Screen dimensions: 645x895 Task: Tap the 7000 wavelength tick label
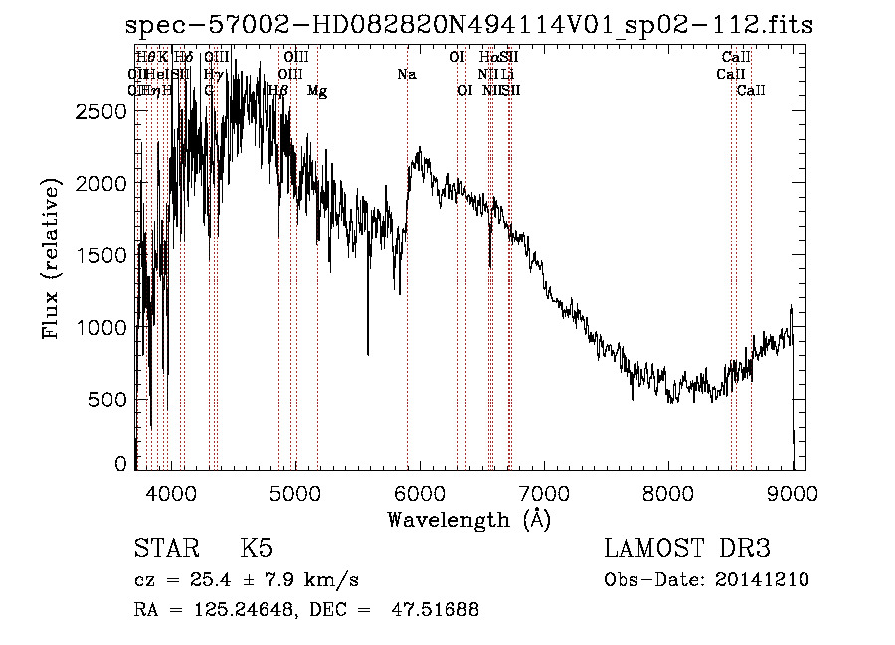(x=544, y=492)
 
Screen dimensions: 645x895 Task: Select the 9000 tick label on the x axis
(x=793, y=492)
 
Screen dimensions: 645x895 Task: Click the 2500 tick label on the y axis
(x=100, y=112)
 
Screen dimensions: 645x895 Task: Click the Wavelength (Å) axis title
(x=468, y=519)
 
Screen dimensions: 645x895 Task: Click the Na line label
(x=406, y=75)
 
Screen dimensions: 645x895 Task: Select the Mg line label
(x=317, y=91)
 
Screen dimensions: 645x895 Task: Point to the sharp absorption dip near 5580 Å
(x=368, y=350)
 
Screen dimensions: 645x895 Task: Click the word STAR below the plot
(x=164, y=549)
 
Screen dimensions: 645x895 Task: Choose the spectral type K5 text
(x=257, y=549)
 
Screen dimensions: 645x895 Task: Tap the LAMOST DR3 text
(x=687, y=549)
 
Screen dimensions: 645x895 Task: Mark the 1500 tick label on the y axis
(x=100, y=256)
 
